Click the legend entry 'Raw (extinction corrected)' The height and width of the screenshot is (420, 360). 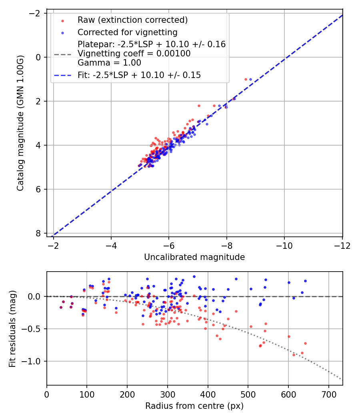132,20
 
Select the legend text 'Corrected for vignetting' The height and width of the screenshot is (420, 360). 127,32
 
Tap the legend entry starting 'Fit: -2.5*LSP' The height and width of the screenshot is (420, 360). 139,75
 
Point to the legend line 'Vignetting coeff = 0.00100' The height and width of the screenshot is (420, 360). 134,54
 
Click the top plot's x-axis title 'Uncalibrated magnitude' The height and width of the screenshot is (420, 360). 194,257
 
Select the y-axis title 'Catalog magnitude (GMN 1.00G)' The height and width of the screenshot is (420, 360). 21,123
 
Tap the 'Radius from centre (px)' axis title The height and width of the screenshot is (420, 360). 194,406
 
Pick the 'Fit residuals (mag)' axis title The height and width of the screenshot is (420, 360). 12,328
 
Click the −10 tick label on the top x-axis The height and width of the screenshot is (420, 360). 284,245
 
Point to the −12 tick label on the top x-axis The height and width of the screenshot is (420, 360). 342,245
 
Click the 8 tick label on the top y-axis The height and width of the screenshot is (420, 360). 38,233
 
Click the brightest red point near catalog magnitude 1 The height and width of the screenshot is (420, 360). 246,79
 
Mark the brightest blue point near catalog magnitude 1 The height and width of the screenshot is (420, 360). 250,79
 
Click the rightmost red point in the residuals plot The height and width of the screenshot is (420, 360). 305,343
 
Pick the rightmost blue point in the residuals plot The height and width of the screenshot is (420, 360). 305,281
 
